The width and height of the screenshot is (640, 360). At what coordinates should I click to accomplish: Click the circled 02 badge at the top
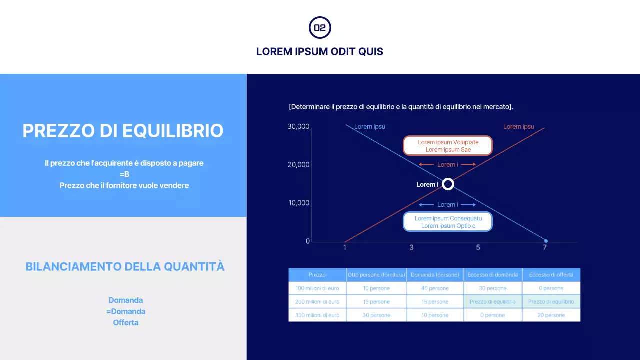click(x=320, y=28)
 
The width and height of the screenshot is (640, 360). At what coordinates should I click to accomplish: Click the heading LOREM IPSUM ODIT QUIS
click(x=320, y=51)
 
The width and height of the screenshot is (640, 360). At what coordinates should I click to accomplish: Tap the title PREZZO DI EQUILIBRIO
click(x=123, y=131)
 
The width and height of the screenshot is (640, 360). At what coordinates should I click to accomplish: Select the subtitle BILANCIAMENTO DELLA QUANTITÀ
click(x=125, y=266)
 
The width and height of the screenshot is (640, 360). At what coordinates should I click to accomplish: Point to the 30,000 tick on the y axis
click(x=298, y=126)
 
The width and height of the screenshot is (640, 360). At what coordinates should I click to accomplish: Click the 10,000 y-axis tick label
click(x=298, y=203)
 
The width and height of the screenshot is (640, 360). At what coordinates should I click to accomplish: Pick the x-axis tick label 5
click(x=478, y=247)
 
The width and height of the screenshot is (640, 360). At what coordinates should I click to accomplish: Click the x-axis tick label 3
click(x=411, y=247)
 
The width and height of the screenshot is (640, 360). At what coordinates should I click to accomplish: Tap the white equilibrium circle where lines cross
click(x=448, y=184)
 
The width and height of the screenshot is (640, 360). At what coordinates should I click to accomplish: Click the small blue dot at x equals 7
click(x=545, y=241)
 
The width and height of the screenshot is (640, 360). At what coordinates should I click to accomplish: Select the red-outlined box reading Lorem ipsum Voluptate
click(x=448, y=146)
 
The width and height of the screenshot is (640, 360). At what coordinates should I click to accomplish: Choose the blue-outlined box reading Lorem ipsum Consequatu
click(x=448, y=222)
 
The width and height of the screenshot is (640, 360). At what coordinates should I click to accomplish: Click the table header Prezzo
click(x=317, y=275)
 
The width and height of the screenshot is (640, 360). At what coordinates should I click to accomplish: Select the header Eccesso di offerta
click(x=551, y=275)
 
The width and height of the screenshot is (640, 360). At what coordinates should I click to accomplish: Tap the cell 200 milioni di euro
click(x=317, y=302)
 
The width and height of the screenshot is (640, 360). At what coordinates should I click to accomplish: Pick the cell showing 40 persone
click(x=435, y=288)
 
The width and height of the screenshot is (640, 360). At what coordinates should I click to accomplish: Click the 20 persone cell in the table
click(x=551, y=315)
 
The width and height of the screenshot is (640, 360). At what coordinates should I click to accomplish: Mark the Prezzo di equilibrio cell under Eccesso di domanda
click(x=493, y=302)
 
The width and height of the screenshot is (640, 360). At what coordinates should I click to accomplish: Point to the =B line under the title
click(x=124, y=174)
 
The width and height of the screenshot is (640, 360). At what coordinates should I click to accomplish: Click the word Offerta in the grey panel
click(x=126, y=322)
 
